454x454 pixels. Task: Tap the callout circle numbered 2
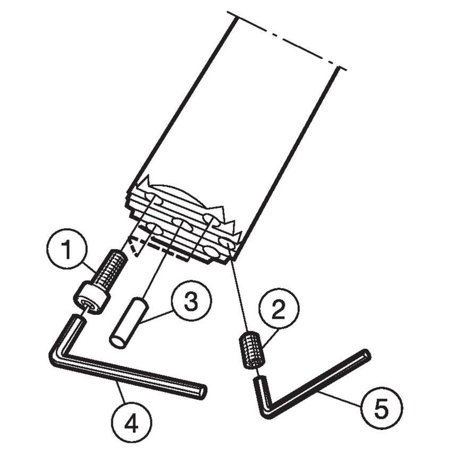click(279, 310)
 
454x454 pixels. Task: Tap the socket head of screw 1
click(92, 299)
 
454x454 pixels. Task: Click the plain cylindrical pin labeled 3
click(128, 323)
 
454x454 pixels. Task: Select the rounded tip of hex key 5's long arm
click(366, 354)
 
